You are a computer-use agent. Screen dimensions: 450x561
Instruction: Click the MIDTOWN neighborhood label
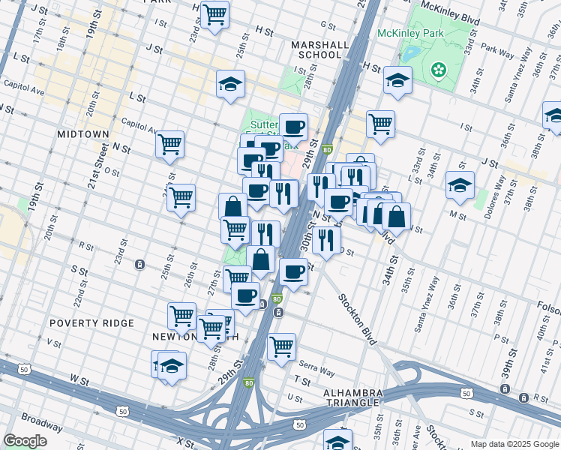83,133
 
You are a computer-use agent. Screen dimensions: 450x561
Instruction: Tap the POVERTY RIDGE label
91,323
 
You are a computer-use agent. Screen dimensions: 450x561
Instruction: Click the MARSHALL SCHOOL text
320,49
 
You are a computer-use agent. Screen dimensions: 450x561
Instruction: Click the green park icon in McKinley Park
439,70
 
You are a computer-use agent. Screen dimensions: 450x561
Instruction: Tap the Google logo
25,440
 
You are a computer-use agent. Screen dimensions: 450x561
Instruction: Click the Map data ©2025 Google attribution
514,444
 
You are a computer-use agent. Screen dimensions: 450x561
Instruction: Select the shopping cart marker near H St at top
215,13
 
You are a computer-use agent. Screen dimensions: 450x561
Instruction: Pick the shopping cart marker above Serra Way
281,346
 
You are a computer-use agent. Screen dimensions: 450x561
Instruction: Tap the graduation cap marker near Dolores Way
460,184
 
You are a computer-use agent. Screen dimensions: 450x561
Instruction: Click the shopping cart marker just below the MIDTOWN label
170,143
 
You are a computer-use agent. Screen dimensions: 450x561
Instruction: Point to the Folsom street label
548,305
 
